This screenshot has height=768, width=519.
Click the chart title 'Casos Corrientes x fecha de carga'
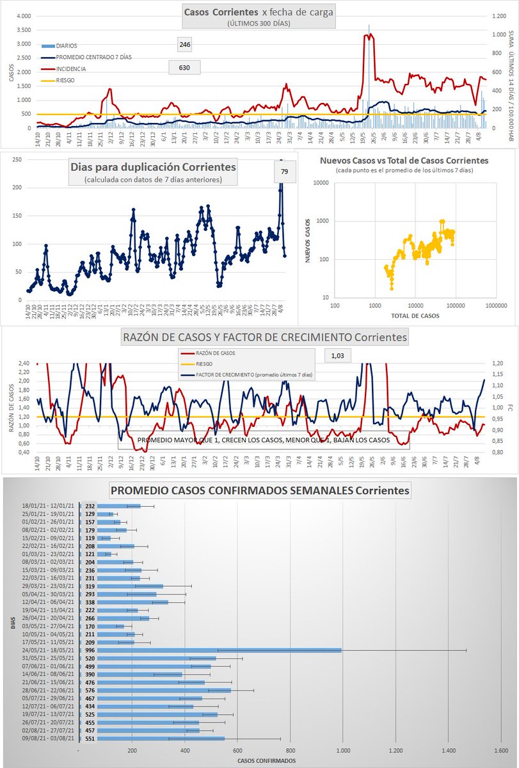258,12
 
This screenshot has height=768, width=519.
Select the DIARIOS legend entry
67,46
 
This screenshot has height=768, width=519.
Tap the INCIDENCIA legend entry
70,68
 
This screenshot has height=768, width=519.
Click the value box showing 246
185,45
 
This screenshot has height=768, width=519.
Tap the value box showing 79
285,172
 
